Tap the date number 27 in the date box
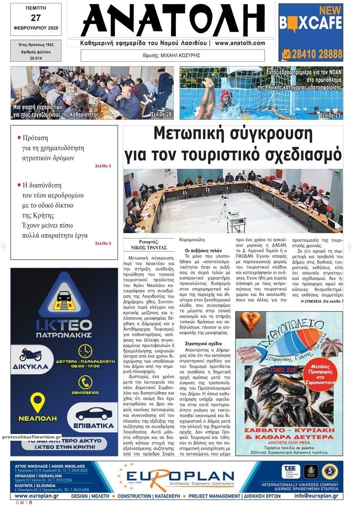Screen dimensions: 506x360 coord(36,18)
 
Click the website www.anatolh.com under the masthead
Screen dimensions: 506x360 coord(240,43)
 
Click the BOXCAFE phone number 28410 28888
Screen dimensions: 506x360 coord(317,54)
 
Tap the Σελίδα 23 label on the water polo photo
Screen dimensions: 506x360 coord(330,115)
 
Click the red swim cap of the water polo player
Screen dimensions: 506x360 coord(225,94)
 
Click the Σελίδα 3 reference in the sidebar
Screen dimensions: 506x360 coord(103,166)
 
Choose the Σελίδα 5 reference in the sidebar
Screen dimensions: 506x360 coord(103,244)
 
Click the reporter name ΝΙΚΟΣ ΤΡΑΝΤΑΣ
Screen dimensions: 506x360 coord(149,248)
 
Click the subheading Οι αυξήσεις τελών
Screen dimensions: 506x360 coord(203,250)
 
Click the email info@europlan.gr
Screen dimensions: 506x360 coord(316,496)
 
